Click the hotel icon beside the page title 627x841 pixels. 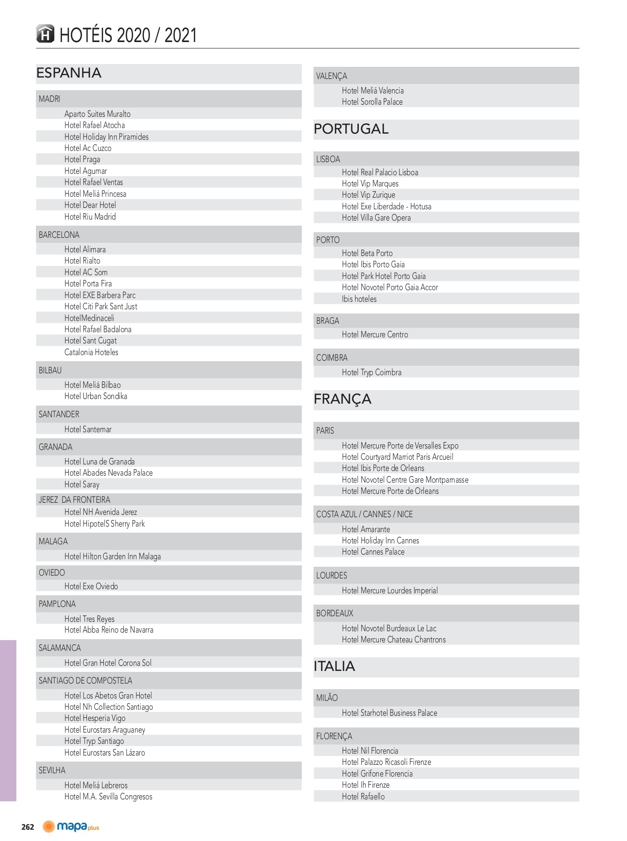(45, 34)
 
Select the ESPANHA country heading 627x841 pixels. (69, 73)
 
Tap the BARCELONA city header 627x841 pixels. (59, 235)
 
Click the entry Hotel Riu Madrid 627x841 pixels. (90, 217)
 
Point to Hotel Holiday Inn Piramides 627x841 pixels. (107, 137)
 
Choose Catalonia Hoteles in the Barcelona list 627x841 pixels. (92, 352)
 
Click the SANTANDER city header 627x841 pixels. (59, 414)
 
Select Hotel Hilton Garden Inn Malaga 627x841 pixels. (113, 556)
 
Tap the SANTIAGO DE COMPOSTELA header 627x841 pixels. (85, 681)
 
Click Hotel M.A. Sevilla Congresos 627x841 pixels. (108, 797)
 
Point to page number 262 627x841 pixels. (28, 827)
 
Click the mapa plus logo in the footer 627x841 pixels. (71, 827)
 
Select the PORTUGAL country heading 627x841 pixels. (351, 129)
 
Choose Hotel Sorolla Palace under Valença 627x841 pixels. (372, 102)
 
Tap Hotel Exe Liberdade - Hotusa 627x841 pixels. (387, 207)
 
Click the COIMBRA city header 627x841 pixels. (332, 358)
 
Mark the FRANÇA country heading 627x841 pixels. (343, 399)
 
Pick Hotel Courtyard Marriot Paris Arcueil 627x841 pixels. (398, 457)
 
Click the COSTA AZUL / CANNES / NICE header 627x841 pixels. (364, 514)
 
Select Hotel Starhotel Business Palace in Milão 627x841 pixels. (390, 713)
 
